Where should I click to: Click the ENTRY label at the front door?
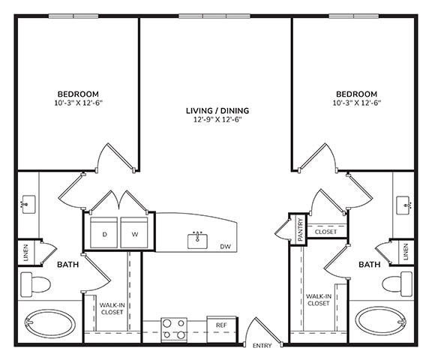click(x=262, y=346)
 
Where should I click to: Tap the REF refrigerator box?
click(x=221, y=326)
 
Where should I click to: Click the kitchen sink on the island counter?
click(x=199, y=241)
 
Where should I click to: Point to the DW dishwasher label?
click(x=226, y=247)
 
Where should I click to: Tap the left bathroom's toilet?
click(x=34, y=284)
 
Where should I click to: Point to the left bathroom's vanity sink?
click(x=28, y=202)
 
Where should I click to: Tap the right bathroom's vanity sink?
click(x=405, y=202)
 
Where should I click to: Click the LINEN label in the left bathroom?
click(x=26, y=253)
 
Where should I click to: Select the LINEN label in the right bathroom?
click(x=406, y=253)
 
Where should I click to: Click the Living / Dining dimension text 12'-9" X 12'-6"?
click(x=217, y=120)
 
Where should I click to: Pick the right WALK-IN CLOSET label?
click(x=319, y=300)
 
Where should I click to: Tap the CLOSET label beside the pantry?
click(x=325, y=232)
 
